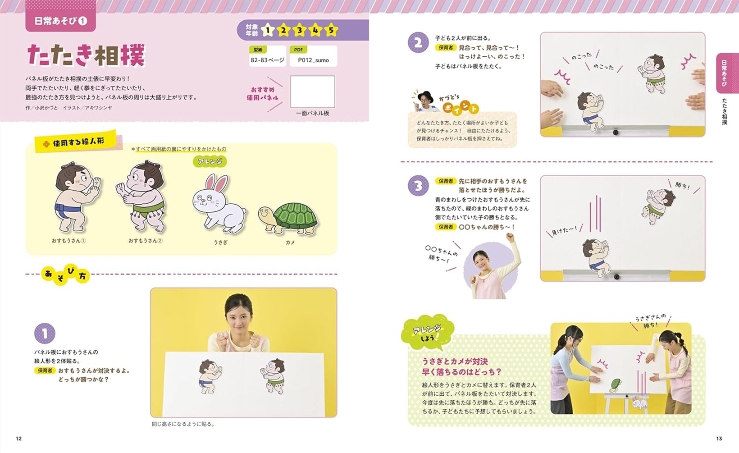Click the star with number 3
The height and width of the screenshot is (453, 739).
(299, 30)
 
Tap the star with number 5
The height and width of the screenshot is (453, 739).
(331, 30)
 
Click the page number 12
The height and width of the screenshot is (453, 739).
(19, 439)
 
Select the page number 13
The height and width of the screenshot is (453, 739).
(719, 439)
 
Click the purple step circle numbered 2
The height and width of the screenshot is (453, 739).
(418, 42)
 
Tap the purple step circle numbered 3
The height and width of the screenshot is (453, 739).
(418, 186)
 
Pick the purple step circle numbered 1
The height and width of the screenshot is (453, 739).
(45, 333)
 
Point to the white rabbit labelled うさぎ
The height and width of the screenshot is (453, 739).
(219, 205)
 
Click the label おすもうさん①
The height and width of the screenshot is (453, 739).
(68, 241)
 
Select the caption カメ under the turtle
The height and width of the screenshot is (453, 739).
(290, 243)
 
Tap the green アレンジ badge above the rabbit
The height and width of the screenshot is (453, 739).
(210, 161)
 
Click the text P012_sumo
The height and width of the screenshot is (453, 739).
(313, 60)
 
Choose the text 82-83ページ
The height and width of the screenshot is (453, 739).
(267, 60)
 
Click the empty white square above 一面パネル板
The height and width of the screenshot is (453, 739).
(312, 92)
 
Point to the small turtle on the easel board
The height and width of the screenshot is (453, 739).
(615, 384)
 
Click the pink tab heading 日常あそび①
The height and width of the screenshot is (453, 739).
(61, 21)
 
